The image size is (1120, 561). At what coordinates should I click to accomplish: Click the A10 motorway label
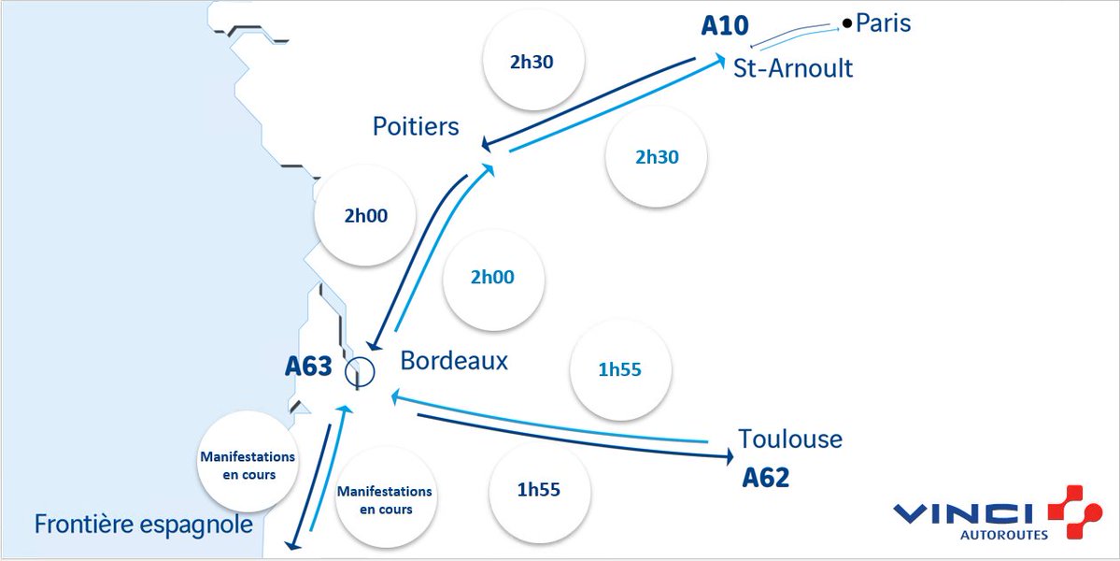(725, 25)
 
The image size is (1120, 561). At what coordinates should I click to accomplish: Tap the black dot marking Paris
(846, 23)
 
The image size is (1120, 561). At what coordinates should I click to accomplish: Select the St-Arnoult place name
(793, 68)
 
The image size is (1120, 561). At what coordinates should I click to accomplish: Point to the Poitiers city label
(416, 125)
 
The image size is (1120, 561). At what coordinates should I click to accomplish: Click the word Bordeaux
(454, 360)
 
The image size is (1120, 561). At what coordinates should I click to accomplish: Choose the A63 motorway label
(308, 367)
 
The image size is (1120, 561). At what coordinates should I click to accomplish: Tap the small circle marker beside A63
(359, 372)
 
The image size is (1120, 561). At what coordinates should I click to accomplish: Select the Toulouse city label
(790, 439)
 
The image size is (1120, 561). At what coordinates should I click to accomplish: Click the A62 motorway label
(766, 479)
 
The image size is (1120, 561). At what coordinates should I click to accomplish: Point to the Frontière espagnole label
(144, 525)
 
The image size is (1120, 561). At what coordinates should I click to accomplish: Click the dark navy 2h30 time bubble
(533, 63)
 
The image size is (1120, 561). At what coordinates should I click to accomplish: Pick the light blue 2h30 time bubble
(657, 157)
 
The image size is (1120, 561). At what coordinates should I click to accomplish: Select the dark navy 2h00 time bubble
(364, 216)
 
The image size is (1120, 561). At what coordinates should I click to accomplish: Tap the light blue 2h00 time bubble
(492, 278)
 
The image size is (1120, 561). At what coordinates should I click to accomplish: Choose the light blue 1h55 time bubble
(620, 369)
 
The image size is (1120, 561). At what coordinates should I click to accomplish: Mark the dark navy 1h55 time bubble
(540, 488)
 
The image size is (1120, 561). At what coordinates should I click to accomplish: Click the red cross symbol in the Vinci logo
(1074, 511)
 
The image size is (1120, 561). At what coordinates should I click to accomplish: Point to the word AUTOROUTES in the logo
(1004, 536)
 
